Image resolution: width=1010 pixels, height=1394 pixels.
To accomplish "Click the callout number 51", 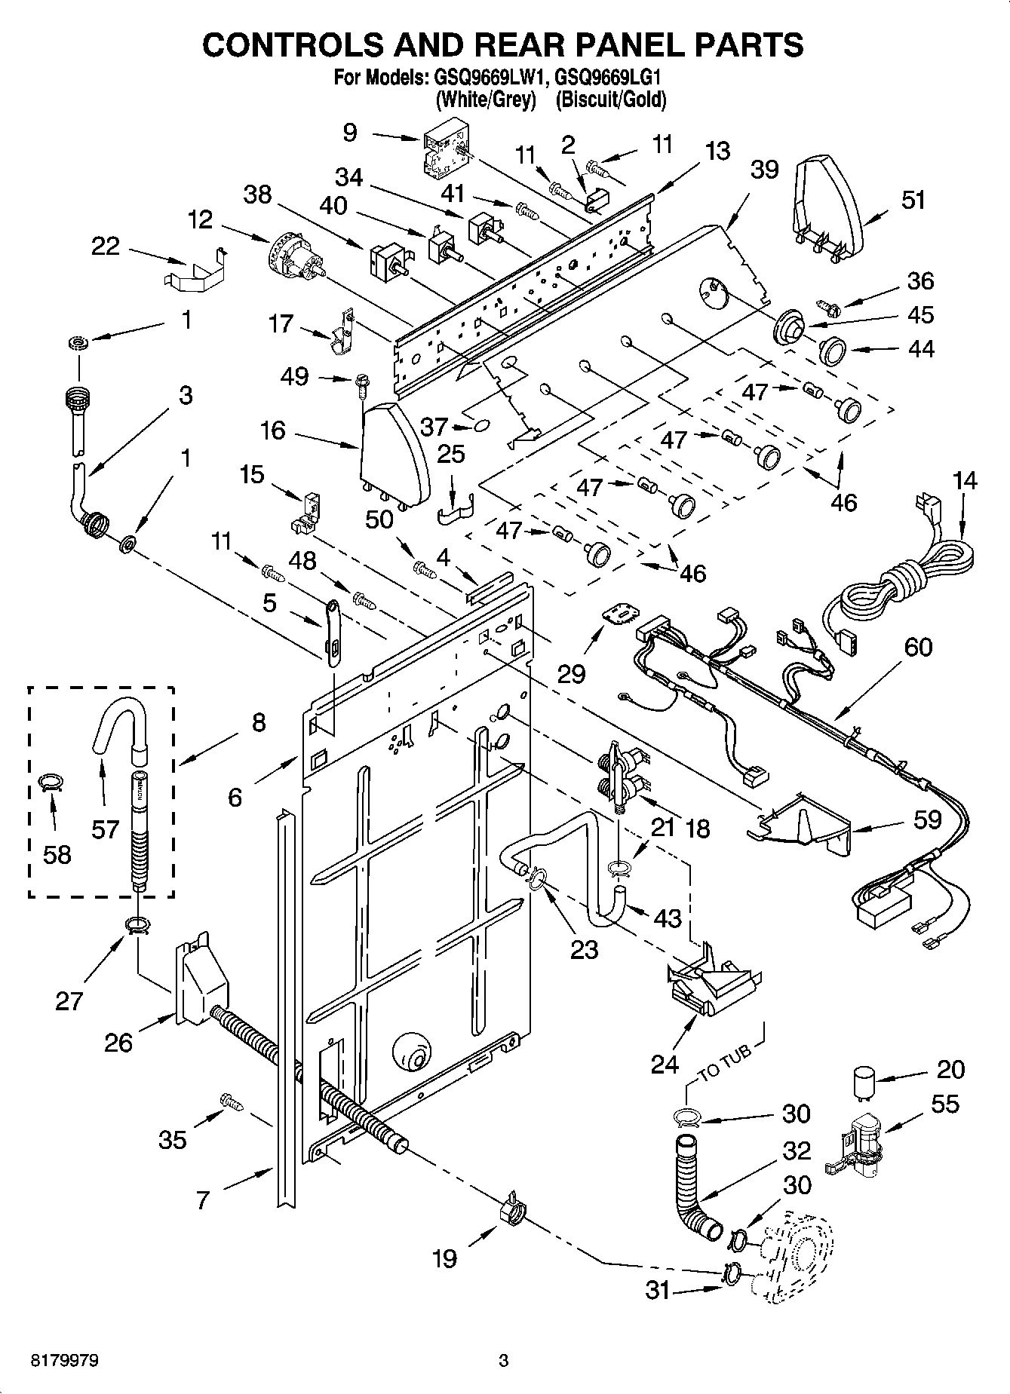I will [913, 201].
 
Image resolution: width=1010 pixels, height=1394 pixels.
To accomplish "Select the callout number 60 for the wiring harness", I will [917, 647].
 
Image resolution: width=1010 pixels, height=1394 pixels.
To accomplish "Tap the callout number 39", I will [763, 170].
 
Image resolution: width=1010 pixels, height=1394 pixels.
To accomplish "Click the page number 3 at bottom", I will [504, 1361].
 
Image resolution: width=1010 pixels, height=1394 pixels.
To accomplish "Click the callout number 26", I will [118, 1043].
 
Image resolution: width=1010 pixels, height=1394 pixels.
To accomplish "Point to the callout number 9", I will [350, 133].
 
